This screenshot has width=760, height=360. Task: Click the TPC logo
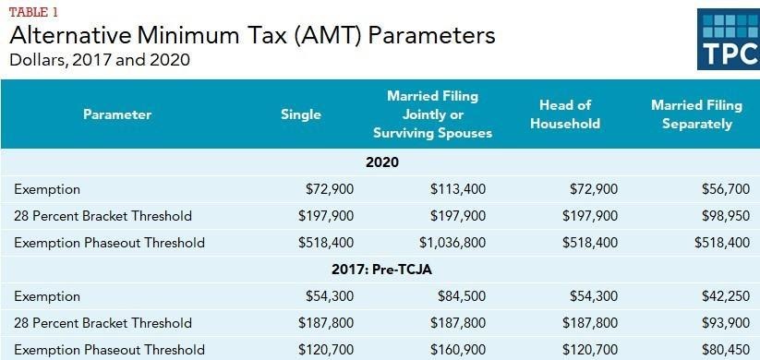(728, 40)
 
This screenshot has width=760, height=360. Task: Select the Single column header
(301, 114)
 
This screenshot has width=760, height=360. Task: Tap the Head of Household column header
(565, 114)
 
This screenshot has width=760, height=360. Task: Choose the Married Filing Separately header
(696, 114)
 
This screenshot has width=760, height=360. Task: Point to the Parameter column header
(116, 114)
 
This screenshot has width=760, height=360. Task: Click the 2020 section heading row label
(380, 162)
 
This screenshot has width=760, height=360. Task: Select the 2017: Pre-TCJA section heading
(380, 270)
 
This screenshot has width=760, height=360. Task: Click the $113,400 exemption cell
(458, 189)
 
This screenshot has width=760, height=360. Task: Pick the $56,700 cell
(725, 189)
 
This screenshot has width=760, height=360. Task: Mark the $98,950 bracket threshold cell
(725, 216)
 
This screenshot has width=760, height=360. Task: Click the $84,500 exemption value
(462, 296)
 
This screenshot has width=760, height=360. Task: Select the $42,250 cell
(725, 296)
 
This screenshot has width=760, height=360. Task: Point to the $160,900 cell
(458, 350)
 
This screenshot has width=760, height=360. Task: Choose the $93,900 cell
(725, 323)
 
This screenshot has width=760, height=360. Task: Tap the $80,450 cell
(725, 350)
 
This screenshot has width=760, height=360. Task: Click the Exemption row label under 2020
(47, 189)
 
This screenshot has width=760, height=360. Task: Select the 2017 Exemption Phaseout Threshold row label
(109, 350)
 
